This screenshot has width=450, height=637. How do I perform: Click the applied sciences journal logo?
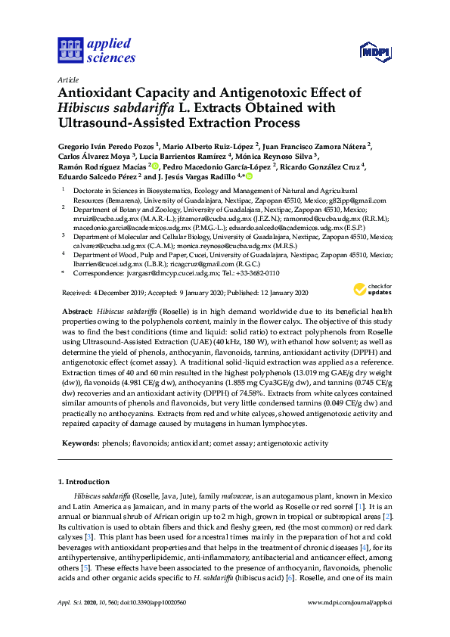[97, 50]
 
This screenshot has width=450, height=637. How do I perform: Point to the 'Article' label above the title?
[67, 79]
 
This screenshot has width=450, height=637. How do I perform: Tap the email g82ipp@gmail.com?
[359, 200]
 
